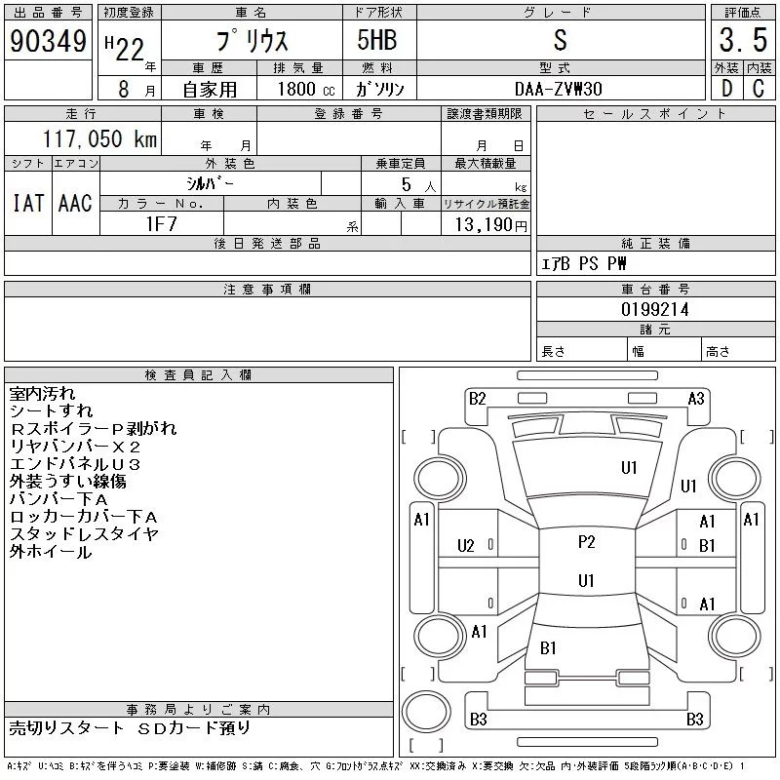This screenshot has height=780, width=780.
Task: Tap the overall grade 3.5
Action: coord(740,42)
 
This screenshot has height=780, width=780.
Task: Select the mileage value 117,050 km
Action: coord(97,139)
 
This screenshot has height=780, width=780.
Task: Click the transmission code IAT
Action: coord(27,203)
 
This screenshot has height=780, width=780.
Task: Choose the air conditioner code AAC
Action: coord(75,203)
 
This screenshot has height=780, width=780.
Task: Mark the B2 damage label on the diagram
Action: coord(477,398)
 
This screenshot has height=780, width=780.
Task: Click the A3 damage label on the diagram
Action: coord(696,398)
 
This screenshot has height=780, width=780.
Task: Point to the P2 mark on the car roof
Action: coord(586,542)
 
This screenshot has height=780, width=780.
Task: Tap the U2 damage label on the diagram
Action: coord(466,545)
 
